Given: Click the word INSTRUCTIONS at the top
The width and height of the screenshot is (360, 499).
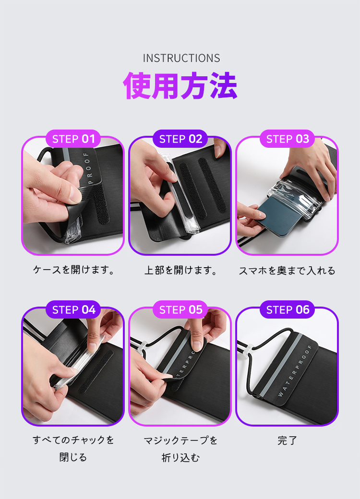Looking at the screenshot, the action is [x=181, y=58].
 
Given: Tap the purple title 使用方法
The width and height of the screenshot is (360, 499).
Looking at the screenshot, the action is [x=180, y=85].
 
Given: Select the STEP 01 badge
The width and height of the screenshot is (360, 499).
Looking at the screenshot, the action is [x=73, y=139].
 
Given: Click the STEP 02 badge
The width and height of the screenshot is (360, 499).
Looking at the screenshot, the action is [x=180, y=139].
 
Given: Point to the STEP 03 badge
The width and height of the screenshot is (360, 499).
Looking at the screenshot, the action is [x=287, y=139].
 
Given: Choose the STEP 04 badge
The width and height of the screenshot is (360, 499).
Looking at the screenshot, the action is [x=73, y=309].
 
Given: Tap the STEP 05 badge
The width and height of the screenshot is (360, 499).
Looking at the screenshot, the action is [x=180, y=309].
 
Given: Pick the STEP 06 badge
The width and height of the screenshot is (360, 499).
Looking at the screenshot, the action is [x=287, y=309].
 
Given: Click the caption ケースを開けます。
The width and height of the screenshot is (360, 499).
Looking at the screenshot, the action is [x=73, y=270].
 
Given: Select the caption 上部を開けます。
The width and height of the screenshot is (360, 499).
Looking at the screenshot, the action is [x=180, y=270].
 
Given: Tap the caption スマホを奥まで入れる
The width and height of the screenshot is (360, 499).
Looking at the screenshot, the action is [x=287, y=271].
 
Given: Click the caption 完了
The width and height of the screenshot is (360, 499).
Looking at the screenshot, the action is [x=287, y=440].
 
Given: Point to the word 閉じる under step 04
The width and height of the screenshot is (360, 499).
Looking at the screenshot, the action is [x=73, y=457].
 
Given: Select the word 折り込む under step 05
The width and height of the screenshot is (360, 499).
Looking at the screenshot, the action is [x=180, y=458].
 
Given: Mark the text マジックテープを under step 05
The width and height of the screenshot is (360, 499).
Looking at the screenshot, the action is [x=180, y=440].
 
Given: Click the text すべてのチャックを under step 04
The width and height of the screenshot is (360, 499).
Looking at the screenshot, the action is [x=73, y=440].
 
